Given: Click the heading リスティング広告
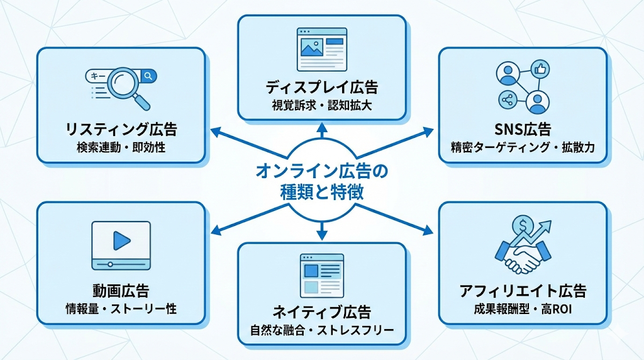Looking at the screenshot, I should coord(121,130).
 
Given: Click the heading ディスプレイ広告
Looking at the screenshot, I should coord(321,87).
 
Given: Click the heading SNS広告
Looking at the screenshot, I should coord(523,130).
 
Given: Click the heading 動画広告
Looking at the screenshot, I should coord(121,291).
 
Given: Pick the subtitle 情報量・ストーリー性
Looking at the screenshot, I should coord(121,309).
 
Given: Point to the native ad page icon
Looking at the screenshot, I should coord(321,274).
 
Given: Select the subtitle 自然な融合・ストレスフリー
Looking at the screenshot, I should coord(321,329).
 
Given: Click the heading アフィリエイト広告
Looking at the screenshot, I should coord(523,291).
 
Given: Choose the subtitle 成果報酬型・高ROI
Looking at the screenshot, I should coord(523,309).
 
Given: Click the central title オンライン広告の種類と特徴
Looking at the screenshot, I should coord(321,181).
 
